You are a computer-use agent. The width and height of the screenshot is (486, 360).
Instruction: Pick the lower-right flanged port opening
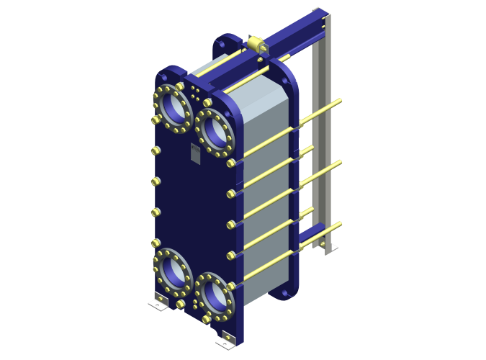point(213,294)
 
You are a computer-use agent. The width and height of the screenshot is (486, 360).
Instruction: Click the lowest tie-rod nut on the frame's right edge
point(231,284)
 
